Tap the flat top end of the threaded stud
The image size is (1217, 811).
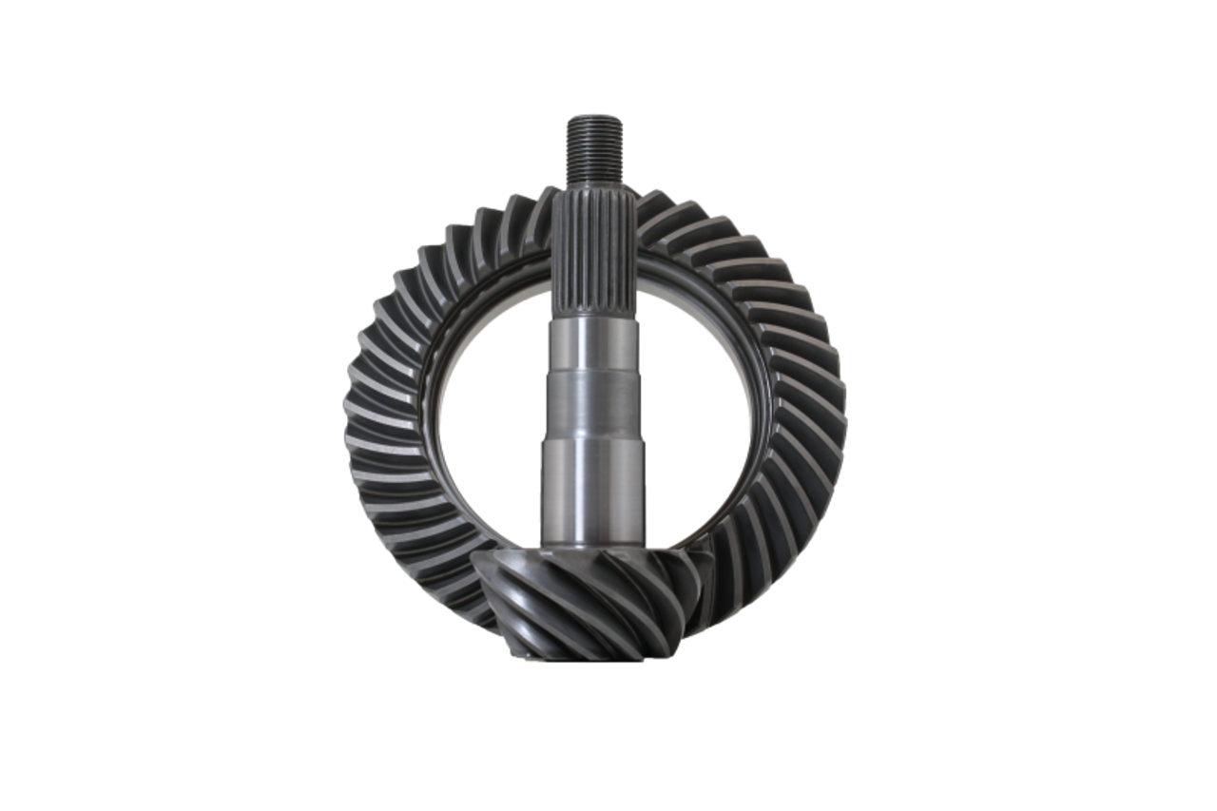click(593, 115)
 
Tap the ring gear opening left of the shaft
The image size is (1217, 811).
click(494, 418)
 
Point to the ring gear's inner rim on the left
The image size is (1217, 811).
click(441, 418)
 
